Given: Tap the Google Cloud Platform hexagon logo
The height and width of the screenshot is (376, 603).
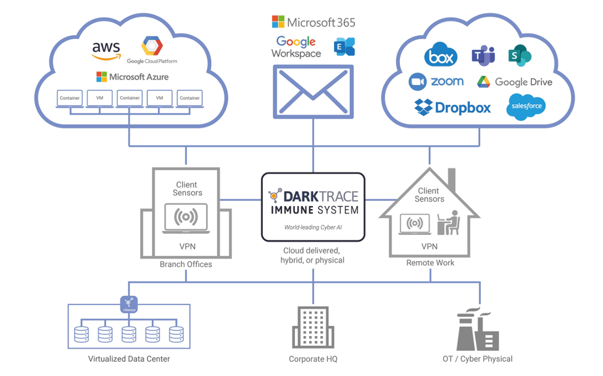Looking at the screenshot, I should click(x=152, y=46).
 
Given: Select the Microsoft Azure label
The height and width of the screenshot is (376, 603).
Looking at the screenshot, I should click(x=132, y=77).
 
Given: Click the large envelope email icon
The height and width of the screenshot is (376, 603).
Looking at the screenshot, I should click(x=314, y=91).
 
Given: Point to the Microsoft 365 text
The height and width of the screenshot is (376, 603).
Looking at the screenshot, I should click(x=314, y=23).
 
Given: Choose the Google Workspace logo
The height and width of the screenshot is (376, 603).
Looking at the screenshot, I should click(x=296, y=47).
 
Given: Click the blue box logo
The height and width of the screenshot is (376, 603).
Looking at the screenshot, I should click(x=441, y=56).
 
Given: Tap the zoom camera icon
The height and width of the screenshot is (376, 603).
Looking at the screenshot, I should click(x=418, y=81).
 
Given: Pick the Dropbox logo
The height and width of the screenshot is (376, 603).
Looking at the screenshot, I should click(x=452, y=107).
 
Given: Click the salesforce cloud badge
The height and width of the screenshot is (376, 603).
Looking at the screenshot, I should click(x=526, y=107).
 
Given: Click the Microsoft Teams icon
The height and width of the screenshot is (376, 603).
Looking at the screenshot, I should click(x=483, y=56).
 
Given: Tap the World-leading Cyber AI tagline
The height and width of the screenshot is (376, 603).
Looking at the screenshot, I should click(x=313, y=227).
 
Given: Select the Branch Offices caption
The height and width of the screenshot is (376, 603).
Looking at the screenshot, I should click(x=186, y=264).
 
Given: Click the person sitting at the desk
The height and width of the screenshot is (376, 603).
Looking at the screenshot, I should click(x=451, y=223).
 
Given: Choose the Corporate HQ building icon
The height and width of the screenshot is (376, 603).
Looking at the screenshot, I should click(x=313, y=327).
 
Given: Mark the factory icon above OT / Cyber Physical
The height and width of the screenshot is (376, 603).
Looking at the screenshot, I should click(x=477, y=330).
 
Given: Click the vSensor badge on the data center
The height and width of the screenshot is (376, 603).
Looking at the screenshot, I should click(x=129, y=303).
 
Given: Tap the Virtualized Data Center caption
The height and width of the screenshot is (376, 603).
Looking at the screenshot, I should click(x=129, y=359).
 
